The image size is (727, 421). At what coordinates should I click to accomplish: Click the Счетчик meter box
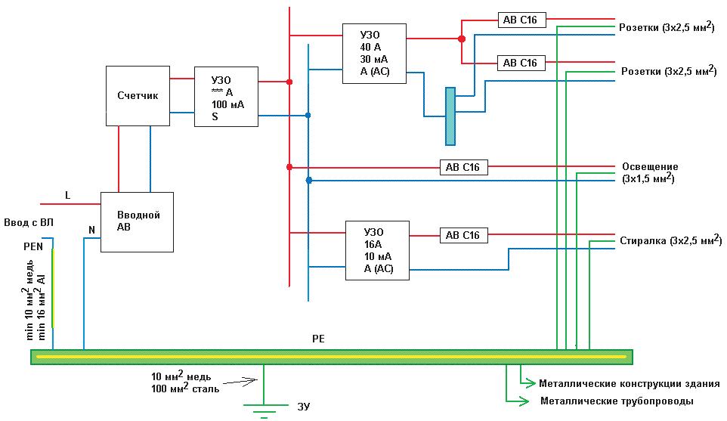(x=138, y=96)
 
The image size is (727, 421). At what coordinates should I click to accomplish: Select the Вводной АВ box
(x=138, y=222)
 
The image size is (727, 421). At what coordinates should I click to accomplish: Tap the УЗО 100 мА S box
(x=226, y=97)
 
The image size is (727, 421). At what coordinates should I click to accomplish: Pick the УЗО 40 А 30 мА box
(x=374, y=54)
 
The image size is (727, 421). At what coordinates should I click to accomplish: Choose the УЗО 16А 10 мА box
(x=377, y=250)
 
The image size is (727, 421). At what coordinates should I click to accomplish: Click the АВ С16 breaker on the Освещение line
(x=464, y=167)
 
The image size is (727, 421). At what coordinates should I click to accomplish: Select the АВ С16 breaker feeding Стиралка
(x=464, y=235)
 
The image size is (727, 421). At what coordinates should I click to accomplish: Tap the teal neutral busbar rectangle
(x=450, y=116)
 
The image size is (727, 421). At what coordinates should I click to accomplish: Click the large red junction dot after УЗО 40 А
(x=461, y=39)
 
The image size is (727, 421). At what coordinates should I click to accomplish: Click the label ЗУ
(x=304, y=407)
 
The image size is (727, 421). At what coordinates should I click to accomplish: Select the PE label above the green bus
(x=318, y=339)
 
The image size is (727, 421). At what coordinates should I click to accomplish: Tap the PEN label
(x=33, y=246)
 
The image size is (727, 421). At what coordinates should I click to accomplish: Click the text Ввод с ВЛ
(x=29, y=222)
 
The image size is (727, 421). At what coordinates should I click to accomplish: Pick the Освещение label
(x=650, y=166)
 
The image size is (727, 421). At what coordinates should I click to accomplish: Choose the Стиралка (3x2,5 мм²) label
(x=671, y=240)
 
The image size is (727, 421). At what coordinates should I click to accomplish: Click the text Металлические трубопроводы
(x=617, y=401)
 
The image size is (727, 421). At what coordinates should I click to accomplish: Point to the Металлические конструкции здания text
(x=630, y=384)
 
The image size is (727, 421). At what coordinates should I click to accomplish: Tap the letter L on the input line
(x=68, y=196)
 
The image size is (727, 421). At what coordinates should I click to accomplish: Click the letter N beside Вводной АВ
(x=91, y=230)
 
